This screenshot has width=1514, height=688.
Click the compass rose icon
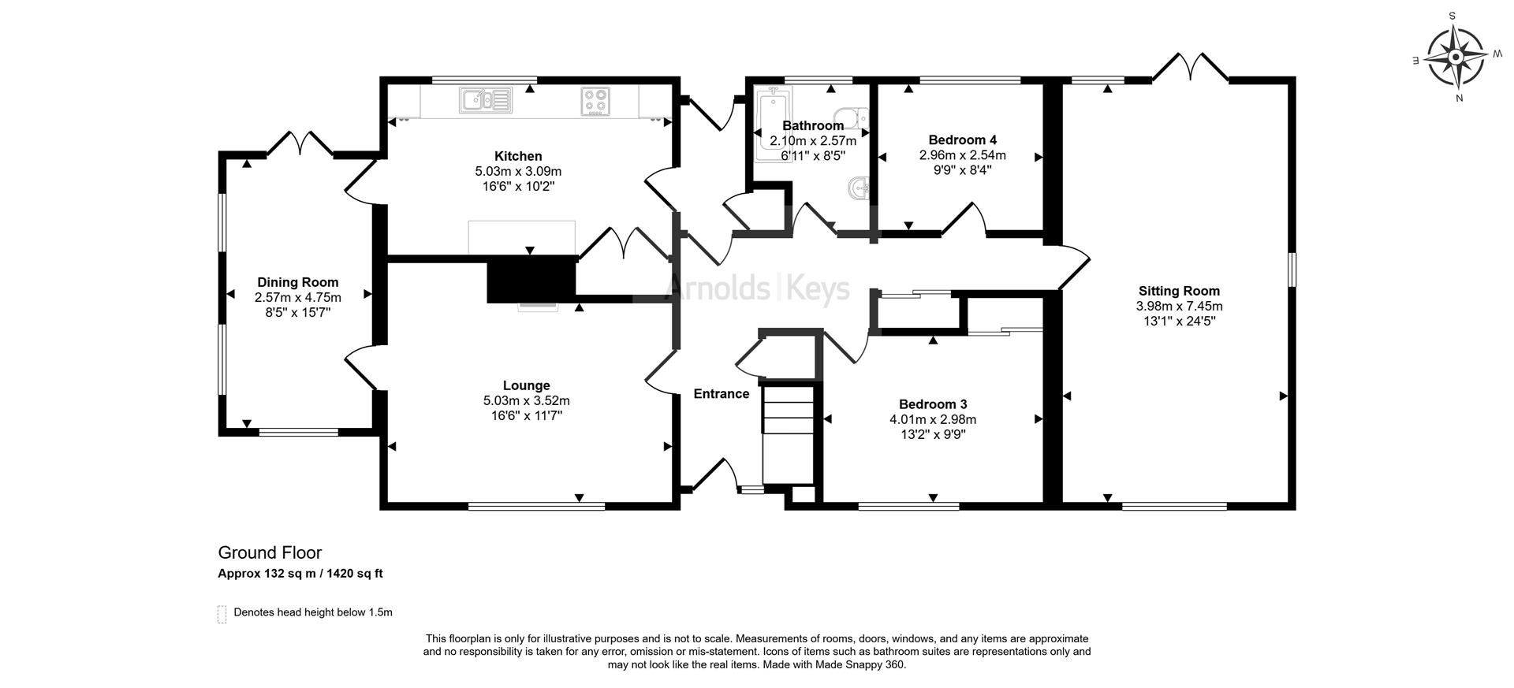pyautogui.click(x=1455, y=57)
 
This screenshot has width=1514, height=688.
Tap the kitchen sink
pyautogui.click(x=486, y=100)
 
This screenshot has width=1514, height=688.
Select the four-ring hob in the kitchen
pyautogui.click(x=595, y=100)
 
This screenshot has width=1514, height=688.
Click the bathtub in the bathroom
pyautogui.click(x=771, y=126)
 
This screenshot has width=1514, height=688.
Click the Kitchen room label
pyautogui.click(x=518, y=156)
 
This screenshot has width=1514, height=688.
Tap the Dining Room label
pyautogui.click(x=298, y=282)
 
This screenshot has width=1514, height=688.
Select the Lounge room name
pyautogui.click(x=527, y=385)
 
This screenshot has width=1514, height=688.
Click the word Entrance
pyautogui.click(x=722, y=394)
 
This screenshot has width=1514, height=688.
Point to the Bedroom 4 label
pyautogui.click(x=963, y=140)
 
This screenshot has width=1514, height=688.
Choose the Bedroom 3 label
pyautogui.click(x=933, y=405)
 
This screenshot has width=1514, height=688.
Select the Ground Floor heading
pyautogui.click(x=270, y=552)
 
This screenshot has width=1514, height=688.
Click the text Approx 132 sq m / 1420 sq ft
pyautogui.click(x=300, y=574)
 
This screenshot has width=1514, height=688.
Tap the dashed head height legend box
pyautogui.click(x=222, y=614)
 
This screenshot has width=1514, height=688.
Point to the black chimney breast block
pyautogui.click(x=531, y=279)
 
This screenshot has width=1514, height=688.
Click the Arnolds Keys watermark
pyautogui.click(x=759, y=288)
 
